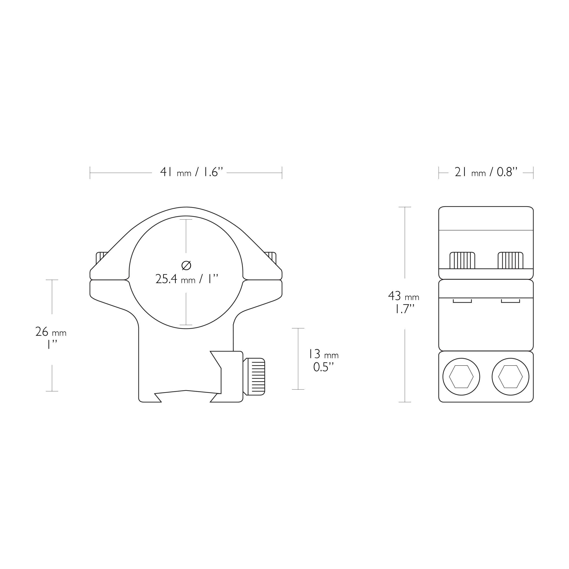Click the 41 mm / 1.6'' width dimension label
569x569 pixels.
191,172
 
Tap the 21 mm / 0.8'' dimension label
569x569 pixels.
486,172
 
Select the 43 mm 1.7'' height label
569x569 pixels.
404,302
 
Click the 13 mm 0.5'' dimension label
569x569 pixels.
323,361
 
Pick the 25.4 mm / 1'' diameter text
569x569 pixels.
187,279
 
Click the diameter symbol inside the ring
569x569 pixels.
186,265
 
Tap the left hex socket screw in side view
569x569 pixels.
461,377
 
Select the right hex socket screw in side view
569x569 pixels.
510,377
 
